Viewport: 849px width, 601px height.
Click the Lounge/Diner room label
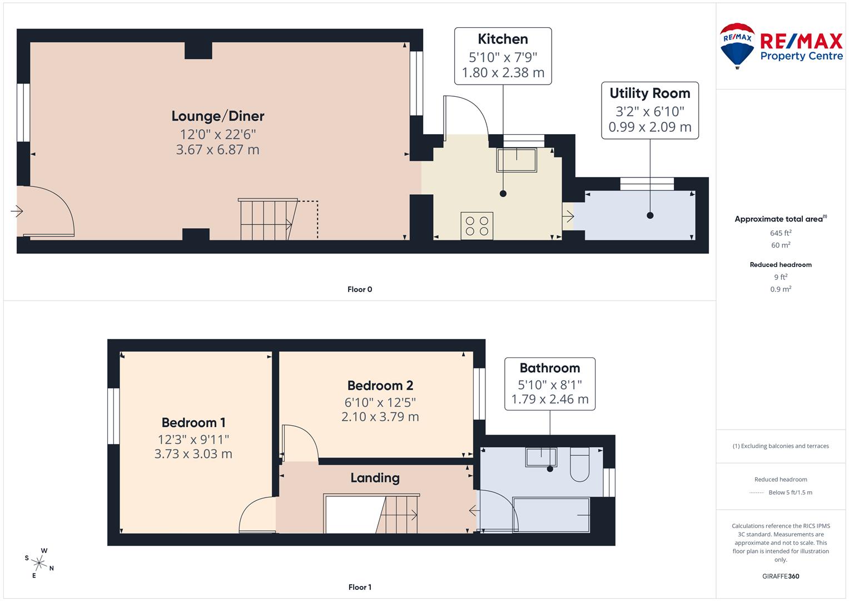pos(217,116)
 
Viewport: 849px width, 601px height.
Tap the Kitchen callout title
pos(503,39)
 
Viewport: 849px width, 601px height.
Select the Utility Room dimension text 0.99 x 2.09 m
pos(649,127)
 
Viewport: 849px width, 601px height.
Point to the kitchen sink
pos(517,160)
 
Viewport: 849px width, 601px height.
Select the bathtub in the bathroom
pos(551,515)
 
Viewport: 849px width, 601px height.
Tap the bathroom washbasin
pos(540,457)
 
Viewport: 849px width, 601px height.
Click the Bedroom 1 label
pos(193,422)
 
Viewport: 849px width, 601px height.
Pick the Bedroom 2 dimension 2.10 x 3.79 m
pos(380,417)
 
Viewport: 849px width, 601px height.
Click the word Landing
pos(375,478)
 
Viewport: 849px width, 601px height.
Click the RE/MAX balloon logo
pos(737,45)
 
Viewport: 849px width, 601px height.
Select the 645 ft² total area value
pos(781,233)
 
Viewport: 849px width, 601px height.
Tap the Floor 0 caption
pos(359,289)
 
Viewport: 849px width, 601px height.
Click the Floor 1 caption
pos(359,587)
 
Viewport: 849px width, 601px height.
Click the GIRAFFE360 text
pos(781,577)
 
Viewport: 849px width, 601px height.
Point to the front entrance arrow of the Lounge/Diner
pos(16,211)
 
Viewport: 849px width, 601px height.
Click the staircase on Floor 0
pos(266,220)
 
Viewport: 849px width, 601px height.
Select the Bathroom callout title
pos(549,368)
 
